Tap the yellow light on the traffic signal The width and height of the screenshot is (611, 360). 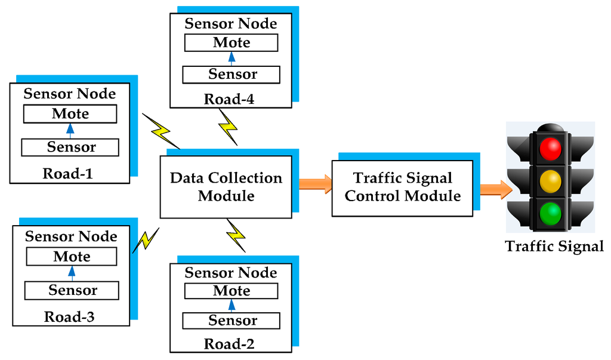(550, 181)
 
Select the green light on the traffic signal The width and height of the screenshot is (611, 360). (550, 213)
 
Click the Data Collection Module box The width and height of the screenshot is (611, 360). (226, 187)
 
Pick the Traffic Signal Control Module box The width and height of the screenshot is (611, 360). (403, 187)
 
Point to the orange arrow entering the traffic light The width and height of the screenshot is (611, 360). (495, 189)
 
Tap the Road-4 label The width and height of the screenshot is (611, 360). (229, 99)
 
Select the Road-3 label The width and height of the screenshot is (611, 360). (69, 316)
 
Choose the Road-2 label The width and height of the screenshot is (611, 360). (229, 344)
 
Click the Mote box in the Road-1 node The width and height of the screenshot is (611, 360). (70, 113)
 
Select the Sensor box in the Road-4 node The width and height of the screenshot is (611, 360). (232, 75)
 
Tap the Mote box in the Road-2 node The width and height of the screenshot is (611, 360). (232, 291)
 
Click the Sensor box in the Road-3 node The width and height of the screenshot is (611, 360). (72, 291)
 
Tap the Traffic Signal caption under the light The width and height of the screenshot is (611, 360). (554, 246)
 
